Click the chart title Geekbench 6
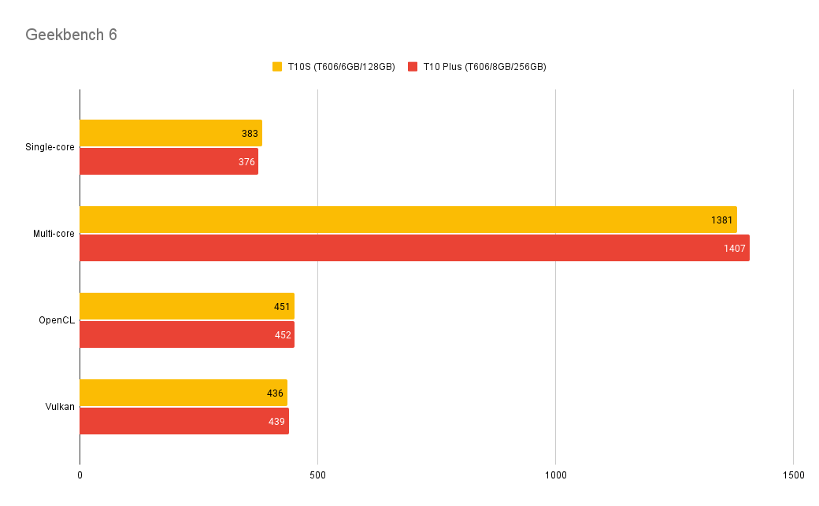coord(71,35)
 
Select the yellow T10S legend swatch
coord(277,67)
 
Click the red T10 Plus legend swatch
coord(413,67)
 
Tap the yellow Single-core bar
coord(170,133)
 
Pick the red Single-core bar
coord(169,161)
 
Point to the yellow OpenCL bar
coord(187,306)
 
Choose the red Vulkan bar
coord(184,421)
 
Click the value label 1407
coord(735,249)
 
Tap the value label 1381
coord(722,220)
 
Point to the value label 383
coord(250,134)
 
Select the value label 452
coord(282,335)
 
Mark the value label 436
coord(275,393)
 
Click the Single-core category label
coord(50,147)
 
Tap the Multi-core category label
coord(54,234)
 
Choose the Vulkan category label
coord(60,407)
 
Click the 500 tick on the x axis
coord(317,475)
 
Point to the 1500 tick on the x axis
coord(793,475)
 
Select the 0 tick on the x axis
coord(80,475)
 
